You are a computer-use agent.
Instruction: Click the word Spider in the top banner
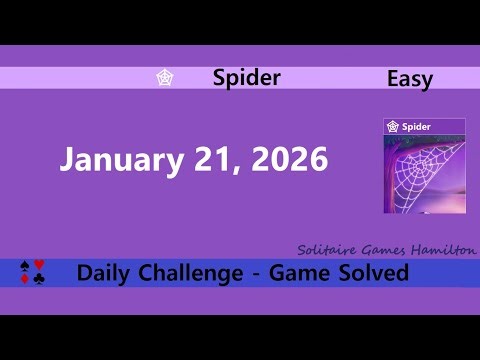click(247, 78)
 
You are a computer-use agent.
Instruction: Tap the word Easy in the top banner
click(409, 79)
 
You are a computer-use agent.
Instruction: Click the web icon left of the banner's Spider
click(165, 78)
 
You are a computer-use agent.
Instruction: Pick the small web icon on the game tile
click(394, 127)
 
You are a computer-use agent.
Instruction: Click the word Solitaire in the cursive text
click(327, 249)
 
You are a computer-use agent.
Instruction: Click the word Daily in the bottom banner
click(105, 272)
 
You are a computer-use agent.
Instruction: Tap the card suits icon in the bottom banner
click(33, 272)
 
